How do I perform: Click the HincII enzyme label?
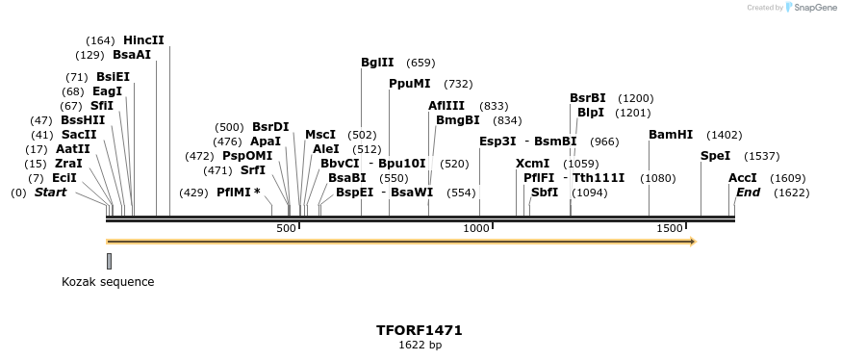[x=143, y=40]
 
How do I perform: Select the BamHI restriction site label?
[x=671, y=135]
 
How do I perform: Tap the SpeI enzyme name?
[x=715, y=156]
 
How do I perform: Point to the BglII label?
[x=377, y=63]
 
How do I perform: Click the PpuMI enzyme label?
[x=410, y=84]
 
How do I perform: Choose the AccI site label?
[x=743, y=178]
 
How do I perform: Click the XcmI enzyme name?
[x=532, y=164]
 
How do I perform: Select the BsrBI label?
[x=588, y=98]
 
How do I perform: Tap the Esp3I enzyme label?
[x=497, y=141]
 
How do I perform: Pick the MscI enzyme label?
[x=320, y=135]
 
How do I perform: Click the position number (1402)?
[x=725, y=135]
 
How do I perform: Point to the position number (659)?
[x=420, y=63]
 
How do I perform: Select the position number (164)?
[x=100, y=40]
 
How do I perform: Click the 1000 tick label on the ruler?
[x=476, y=228]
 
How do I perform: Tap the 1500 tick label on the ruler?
[x=670, y=228]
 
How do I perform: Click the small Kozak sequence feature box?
[x=109, y=262]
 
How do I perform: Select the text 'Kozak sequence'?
[x=108, y=282]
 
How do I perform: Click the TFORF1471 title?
[x=420, y=330]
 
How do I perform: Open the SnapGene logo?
[x=809, y=8]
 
